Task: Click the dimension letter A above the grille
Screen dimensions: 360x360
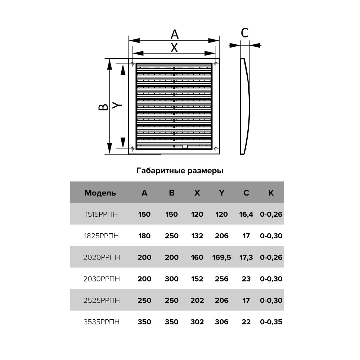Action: pos(175,35)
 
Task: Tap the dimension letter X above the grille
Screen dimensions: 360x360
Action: pos(174,48)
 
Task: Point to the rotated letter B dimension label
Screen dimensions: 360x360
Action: pos(103,107)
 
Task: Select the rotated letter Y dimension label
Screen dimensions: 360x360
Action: pos(117,105)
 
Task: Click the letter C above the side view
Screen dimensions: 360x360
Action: pos(244,33)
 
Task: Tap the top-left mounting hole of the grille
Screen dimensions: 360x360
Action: pos(132,64)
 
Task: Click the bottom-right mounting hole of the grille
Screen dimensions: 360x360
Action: pos(216,149)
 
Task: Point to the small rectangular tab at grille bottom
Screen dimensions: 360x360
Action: pos(185,147)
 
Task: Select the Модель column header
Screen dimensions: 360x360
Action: pos(100,193)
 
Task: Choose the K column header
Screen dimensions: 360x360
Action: pos(271,193)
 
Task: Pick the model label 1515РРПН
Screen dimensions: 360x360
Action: pos(102,214)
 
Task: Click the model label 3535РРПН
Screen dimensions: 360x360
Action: pos(102,321)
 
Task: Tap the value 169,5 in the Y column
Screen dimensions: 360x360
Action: pos(221,257)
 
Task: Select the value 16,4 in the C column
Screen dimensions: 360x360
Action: pos(246,214)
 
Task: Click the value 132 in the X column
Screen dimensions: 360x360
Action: pos(197,236)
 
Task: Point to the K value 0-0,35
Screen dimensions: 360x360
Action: pos(271,321)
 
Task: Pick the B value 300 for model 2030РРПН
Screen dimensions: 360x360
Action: pos(171,279)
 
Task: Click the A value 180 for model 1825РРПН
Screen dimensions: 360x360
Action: pos(144,236)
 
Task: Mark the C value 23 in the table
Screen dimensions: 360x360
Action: pos(246,279)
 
